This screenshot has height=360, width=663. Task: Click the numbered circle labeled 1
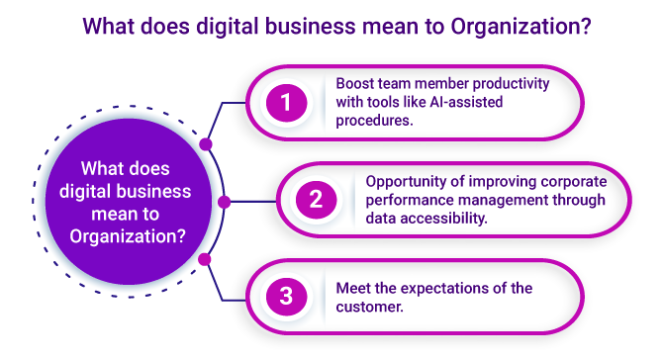coord(286,102)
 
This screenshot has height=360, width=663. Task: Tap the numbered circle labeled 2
coord(316,200)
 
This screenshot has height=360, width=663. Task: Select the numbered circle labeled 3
coord(286,295)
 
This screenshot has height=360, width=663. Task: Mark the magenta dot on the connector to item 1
coord(206,143)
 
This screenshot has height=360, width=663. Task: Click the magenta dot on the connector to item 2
coord(225,202)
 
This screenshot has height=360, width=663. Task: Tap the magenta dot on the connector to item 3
coord(206,259)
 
